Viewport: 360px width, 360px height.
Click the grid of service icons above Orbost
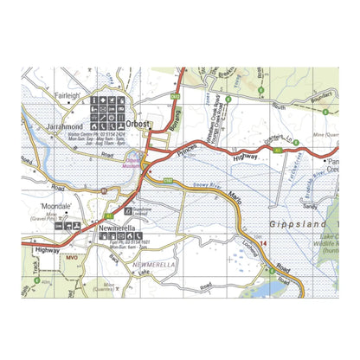[x=107, y=111]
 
